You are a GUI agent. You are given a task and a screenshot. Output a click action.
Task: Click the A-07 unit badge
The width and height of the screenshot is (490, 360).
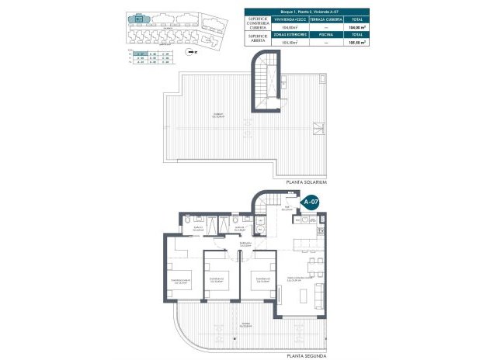click(x=311, y=202)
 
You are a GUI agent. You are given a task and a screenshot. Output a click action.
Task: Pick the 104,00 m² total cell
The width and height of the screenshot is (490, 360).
click(x=356, y=26)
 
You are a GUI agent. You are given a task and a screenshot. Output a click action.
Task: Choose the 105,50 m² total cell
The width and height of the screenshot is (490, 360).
click(x=356, y=43)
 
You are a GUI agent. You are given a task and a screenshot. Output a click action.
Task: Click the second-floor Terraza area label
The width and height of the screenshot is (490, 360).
click(x=246, y=324)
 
